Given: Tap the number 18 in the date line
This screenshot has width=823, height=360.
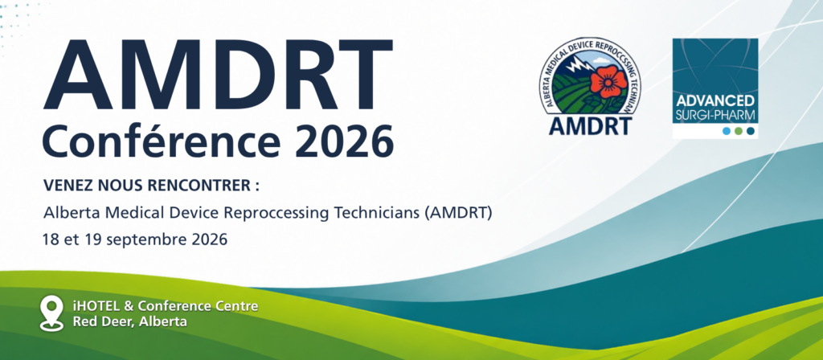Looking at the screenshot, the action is (51, 239).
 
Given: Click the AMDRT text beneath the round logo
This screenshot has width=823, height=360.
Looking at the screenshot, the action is (590, 125).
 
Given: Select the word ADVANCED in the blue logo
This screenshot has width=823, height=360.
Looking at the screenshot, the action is (714, 101).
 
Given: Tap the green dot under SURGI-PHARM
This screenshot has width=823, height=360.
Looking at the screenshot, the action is (739, 131).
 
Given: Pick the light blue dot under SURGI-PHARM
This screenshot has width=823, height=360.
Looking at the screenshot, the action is (727, 131).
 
